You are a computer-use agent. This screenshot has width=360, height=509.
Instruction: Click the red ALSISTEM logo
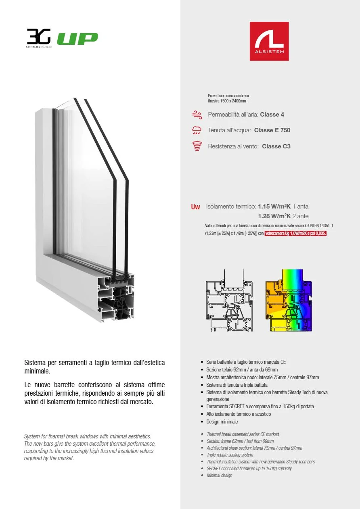point(269,41)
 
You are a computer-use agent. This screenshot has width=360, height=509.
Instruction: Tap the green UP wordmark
point(77,39)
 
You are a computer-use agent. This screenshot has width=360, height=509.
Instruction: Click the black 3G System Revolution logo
point(39,38)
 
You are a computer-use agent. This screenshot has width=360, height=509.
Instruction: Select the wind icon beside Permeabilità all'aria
point(197,115)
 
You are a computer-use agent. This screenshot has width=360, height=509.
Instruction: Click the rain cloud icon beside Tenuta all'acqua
point(197,130)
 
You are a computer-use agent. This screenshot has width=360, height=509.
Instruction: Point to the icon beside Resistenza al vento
point(197,146)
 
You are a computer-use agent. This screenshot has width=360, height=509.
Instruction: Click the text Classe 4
point(272,115)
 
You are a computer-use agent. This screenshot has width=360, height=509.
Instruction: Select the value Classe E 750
point(272,130)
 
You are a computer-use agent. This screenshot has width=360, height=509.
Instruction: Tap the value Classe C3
point(276,146)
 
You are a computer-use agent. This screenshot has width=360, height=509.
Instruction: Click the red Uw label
point(195,207)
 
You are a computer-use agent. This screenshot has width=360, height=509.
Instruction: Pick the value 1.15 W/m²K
point(274,207)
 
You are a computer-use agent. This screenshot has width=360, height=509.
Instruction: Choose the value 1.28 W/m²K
point(274,216)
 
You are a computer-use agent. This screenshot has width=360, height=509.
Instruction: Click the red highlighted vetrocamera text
point(295,234)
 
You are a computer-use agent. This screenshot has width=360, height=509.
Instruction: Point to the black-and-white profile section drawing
point(229,300)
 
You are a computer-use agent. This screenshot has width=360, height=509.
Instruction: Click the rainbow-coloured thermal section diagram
point(289,300)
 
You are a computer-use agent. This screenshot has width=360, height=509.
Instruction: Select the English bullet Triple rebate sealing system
point(230,455)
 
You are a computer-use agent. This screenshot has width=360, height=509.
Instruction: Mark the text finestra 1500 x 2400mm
point(227,101)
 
